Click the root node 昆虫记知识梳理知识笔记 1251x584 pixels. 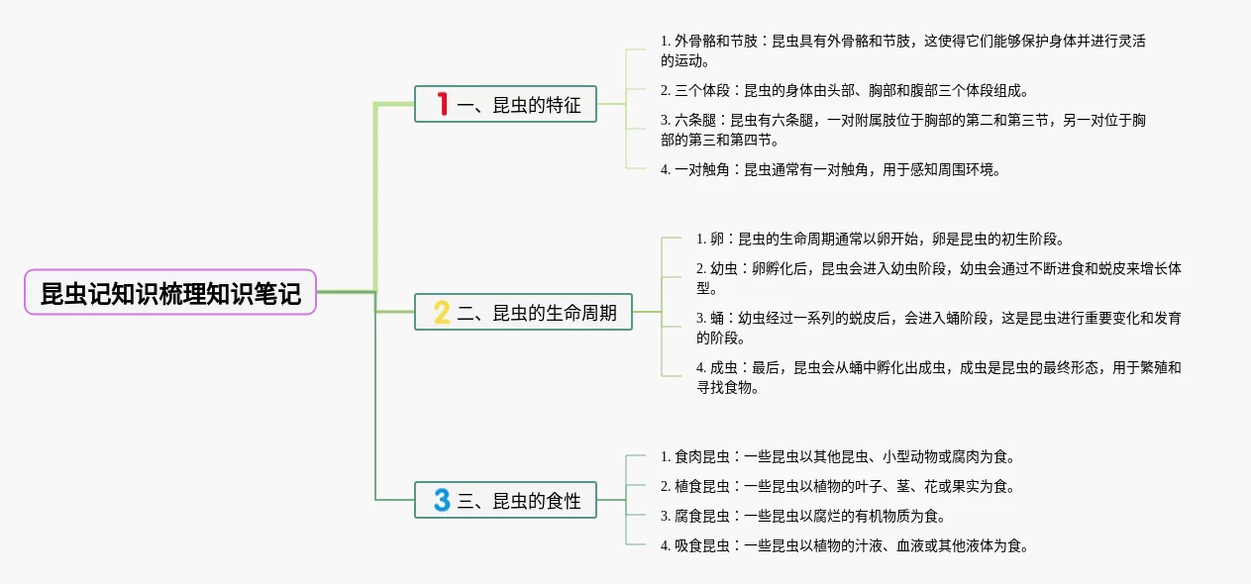point(170,293)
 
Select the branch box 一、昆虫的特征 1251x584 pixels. point(506,104)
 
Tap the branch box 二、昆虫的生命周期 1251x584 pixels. point(524,313)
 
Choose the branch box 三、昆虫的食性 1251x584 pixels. point(506,501)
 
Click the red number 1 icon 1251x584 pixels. point(443,104)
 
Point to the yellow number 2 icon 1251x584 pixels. point(442,313)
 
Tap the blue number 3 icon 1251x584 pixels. point(442,501)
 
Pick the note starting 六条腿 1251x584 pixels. point(901,130)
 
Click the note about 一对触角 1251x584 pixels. point(830,169)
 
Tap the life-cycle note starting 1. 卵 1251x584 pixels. point(880,239)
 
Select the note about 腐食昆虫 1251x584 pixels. point(802,516)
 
